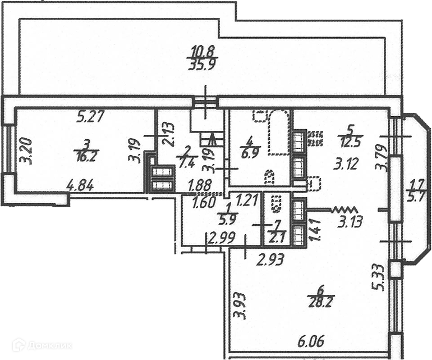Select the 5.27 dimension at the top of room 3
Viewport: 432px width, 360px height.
[x=91, y=118]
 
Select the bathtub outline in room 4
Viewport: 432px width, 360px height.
[x=279, y=133]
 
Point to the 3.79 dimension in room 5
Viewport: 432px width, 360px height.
[x=382, y=157]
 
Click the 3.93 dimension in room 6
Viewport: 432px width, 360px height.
[x=240, y=306]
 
